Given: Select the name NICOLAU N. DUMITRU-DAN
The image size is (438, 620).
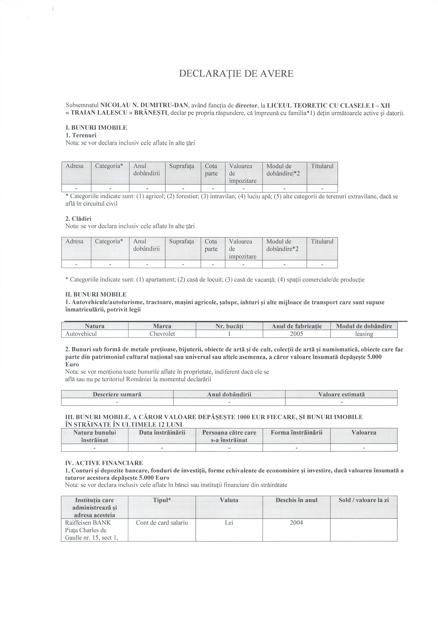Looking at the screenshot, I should click(x=144, y=105).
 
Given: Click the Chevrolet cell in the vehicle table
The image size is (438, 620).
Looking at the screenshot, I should click(x=162, y=334).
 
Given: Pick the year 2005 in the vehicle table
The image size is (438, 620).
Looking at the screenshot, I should click(x=296, y=334).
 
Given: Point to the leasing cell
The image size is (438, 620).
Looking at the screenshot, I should click(x=364, y=334).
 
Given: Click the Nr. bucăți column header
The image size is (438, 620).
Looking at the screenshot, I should click(x=229, y=326).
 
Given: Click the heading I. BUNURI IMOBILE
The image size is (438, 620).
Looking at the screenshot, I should click(x=96, y=128).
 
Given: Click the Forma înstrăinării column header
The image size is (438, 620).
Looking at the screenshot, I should click(x=296, y=433).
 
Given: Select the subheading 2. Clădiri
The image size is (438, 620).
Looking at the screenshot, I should click(x=78, y=219).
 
